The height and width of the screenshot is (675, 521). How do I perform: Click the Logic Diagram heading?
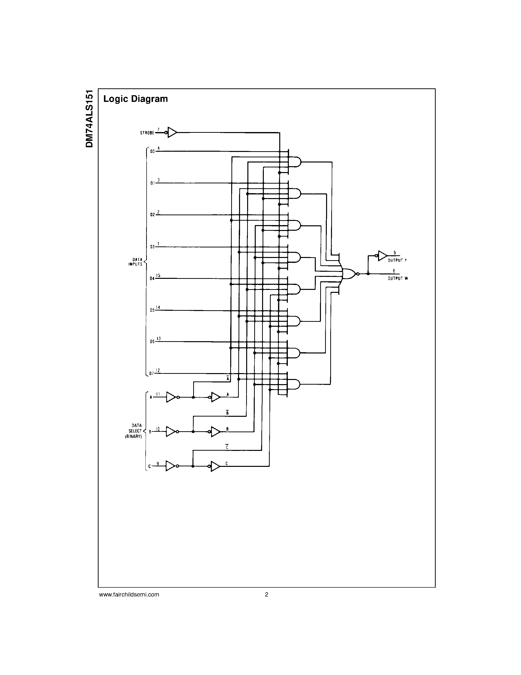136,99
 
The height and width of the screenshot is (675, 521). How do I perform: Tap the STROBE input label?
147,133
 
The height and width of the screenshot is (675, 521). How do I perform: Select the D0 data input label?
152,152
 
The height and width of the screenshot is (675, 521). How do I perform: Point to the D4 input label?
152,279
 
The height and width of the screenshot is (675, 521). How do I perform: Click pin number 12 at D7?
158,370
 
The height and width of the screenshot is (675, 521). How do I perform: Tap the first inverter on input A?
171,397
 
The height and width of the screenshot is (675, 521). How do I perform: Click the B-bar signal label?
227,413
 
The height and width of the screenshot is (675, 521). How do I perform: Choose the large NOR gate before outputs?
349,273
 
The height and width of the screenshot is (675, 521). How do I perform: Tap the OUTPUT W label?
398,279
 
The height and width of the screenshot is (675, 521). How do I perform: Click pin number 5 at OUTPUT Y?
394,253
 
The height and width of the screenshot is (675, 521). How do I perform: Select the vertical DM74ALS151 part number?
89,119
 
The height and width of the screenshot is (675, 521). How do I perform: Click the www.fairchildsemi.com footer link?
129,594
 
